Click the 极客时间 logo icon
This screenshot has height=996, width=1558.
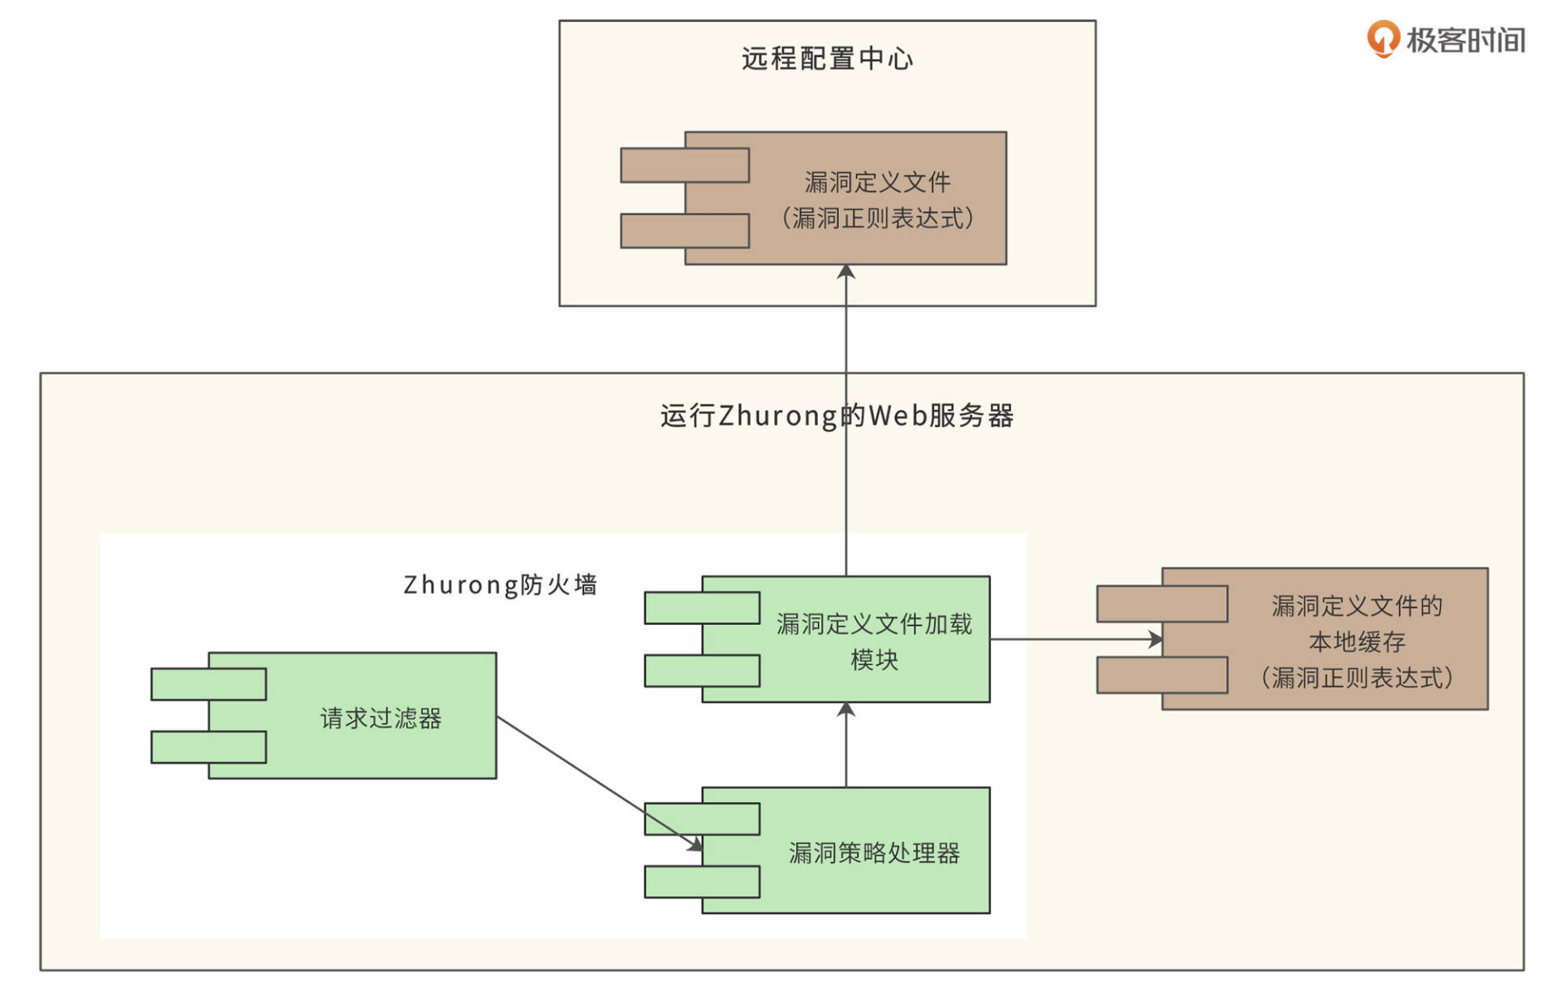coord(1383,39)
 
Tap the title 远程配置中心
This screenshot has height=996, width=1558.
coord(827,58)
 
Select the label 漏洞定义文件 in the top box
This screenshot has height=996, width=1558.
coord(877,182)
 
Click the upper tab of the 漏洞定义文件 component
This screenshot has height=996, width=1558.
coord(684,165)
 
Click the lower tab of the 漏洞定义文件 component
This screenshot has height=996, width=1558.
coord(684,231)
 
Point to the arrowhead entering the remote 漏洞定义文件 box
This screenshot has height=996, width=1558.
coord(846,271)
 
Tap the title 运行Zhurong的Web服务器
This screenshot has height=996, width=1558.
coord(837,416)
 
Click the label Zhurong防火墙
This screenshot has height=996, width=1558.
coord(500,584)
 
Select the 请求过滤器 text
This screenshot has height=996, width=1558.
coord(381,718)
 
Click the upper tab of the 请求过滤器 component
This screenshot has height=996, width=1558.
coord(209,684)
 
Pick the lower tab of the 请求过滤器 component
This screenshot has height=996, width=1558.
coord(209,747)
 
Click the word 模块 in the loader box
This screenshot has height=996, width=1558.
coord(874,660)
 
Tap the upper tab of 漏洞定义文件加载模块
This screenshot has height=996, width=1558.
coord(702,608)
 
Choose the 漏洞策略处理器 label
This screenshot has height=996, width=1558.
coord(874,853)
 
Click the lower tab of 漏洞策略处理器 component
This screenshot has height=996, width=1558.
coord(702,882)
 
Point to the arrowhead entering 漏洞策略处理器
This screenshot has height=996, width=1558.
coord(695,845)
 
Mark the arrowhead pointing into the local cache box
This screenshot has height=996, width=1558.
coord(1156,640)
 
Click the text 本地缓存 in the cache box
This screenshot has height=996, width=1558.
coord(1357,642)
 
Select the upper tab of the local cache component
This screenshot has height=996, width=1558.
coord(1161,604)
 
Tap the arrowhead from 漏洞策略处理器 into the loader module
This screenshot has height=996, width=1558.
coord(846,709)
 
